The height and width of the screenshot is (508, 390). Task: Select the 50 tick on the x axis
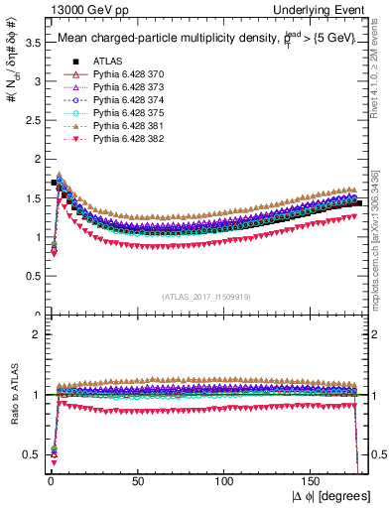click(136, 481)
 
